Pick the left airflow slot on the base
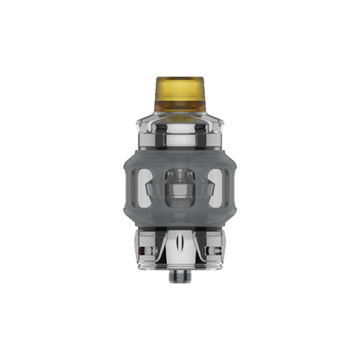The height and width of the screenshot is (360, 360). click(x=152, y=245)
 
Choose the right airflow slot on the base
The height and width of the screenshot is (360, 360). click(x=208, y=245)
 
